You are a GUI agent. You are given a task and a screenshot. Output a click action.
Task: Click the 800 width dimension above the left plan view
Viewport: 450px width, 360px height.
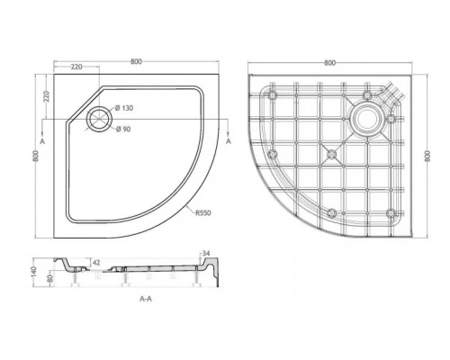pos(135,61)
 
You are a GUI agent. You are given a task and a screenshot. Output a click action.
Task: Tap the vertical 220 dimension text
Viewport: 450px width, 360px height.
pos(43,94)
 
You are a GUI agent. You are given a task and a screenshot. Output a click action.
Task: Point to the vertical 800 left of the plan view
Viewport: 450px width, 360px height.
pos(37,155)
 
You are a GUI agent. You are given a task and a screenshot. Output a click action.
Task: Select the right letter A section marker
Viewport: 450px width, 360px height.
pos(229,142)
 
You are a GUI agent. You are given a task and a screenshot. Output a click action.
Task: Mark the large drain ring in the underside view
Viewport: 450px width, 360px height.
pos(368,117)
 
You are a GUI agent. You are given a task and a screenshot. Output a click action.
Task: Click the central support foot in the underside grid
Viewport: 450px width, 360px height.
pos(330,154)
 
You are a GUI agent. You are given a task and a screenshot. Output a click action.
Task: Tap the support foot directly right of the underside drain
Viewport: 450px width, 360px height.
pos(391,118)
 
